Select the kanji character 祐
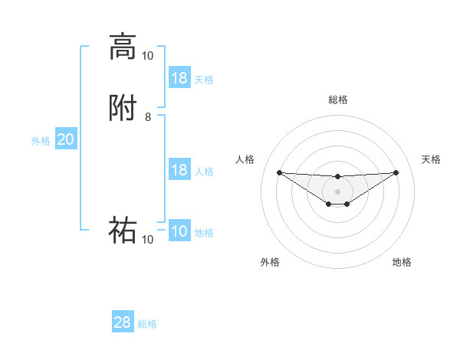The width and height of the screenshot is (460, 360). pyautogui.click(x=123, y=230)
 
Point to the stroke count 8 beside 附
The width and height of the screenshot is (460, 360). pyautogui.click(x=148, y=117)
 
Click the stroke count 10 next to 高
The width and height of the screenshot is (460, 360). pyautogui.click(x=147, y=55)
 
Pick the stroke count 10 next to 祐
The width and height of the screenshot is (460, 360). pyautogui.click(x=147, y=240)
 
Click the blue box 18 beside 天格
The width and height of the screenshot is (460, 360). pyautogui.click(x=179, y=78)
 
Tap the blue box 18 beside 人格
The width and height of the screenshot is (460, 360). pyautogui.click(x=179, y=170)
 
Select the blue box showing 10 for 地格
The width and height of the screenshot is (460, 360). pyautogui.click(x=179, y=231)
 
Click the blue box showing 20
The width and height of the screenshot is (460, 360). pyautogui.click(x=66, y=139)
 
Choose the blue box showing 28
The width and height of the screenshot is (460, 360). pyautogui.click(x=123, y=322)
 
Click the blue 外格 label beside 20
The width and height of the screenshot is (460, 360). pyautogui.click(x=41, y=141)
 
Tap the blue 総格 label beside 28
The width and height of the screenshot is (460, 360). pyautogui.click(x=147, y=324)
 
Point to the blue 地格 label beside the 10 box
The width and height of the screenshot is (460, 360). pyautogui.click(x=204, y=233)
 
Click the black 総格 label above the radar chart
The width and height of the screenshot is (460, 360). pyautogui.click(x=337, y=100)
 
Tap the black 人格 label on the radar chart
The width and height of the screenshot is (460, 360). pyautogui.click(x=245, y=159)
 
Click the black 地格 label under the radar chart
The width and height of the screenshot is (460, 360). pyautogui.click(x=402, y=262)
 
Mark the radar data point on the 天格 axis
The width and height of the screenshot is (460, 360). pyautogui.click(x=396, y=172)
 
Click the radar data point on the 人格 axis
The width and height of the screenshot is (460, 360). pyautogui.click(x=279, y=172)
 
